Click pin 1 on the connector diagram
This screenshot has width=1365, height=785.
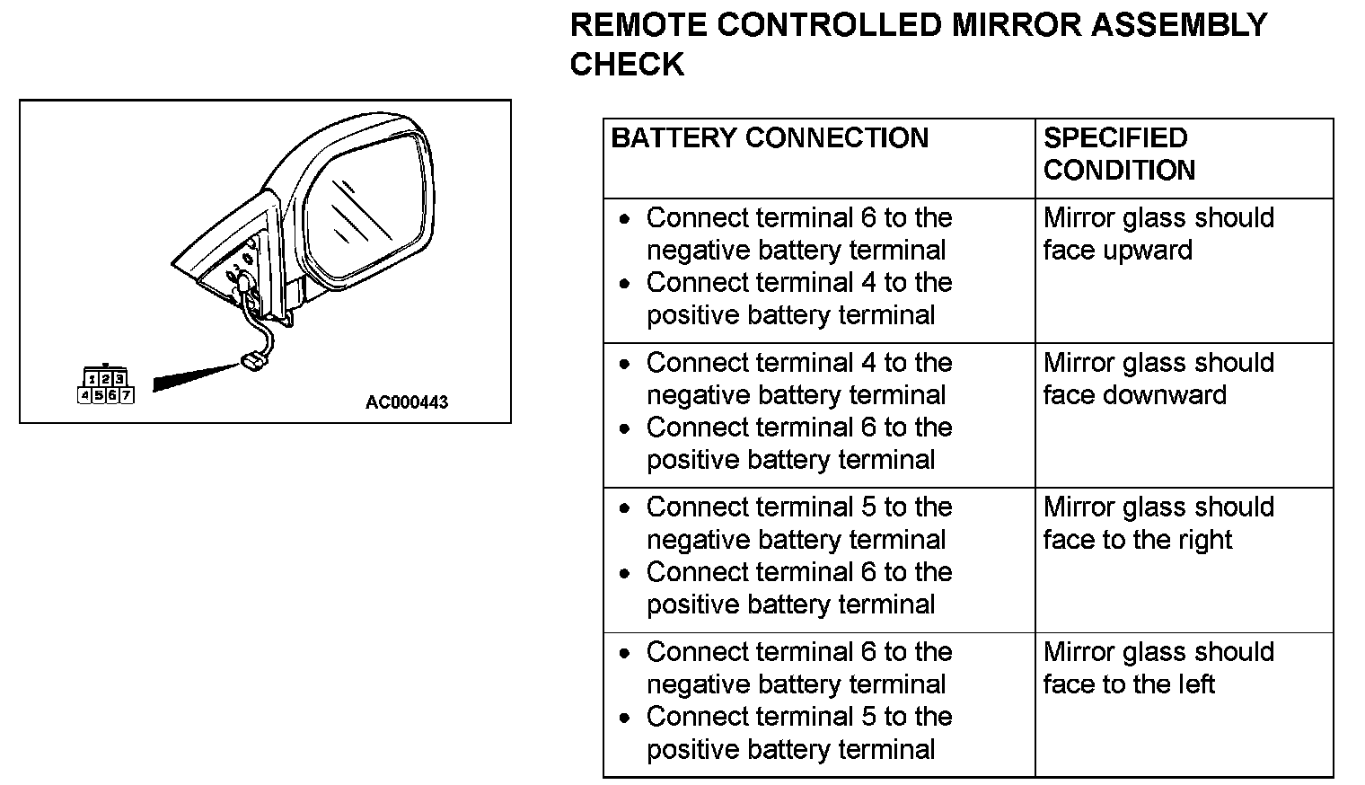click(92, 380)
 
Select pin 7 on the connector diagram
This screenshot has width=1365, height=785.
click(127, 395)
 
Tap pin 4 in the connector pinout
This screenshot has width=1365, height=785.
click(85, 395)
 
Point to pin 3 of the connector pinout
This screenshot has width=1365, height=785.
click(119, 380)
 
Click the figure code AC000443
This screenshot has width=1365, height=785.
click(406, 402)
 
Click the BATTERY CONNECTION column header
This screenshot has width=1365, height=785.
click(770, 138)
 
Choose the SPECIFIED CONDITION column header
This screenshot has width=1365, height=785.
click(1119, 154)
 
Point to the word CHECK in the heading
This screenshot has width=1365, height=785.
click(627, 65)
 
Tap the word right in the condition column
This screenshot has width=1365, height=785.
click(1208, 540)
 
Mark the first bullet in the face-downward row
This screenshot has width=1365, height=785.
click(626, 364)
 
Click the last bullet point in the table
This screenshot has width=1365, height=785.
click(626, 718)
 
